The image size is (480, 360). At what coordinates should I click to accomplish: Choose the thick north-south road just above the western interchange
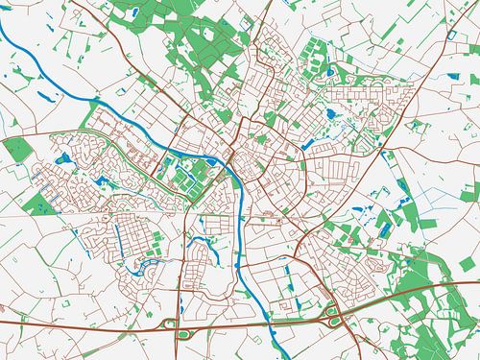(179, 288)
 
